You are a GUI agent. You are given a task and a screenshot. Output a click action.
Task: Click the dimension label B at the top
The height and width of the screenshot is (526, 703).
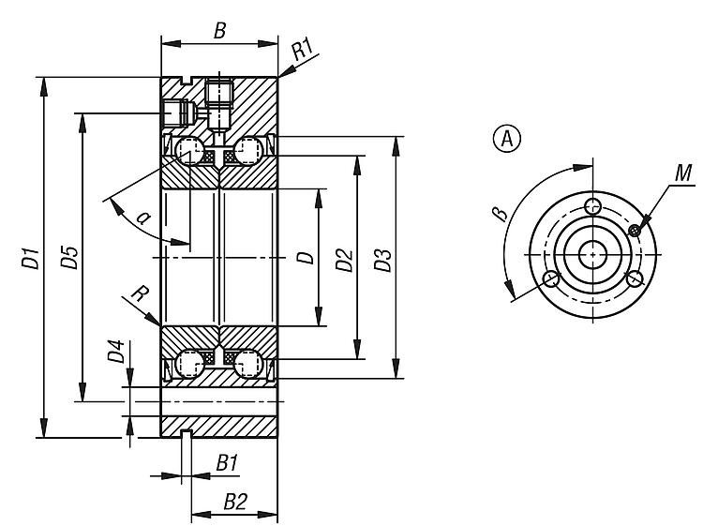click(x=219, y=30)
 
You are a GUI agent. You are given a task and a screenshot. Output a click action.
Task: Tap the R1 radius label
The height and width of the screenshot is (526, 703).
click(x=302, y=51)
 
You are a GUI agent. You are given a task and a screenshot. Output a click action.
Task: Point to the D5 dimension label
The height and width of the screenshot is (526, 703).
click(x=69, y=258)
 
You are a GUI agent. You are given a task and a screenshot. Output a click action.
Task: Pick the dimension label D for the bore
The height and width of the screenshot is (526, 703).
click(x=306, y=257)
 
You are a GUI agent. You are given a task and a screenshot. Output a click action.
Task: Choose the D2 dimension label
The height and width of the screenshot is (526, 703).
click(x=344, y=259)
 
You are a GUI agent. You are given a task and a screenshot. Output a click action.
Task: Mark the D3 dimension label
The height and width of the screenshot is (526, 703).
click(x=382, y=259)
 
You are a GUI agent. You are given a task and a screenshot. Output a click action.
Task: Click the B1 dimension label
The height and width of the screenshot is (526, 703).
click(x=227, y=463)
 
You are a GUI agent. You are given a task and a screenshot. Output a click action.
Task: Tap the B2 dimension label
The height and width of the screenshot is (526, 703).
click(x=234, y=502)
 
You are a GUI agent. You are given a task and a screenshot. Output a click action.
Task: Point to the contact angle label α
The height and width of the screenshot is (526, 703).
click(x=142, y=218)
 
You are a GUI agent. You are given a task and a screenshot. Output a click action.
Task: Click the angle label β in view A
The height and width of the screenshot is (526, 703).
click(x=500, y=215)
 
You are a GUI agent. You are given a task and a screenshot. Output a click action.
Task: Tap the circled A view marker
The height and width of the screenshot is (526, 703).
click(x=507, y=139)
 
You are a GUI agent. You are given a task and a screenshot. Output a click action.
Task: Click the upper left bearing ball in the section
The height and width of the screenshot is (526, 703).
click(x=191, y=151)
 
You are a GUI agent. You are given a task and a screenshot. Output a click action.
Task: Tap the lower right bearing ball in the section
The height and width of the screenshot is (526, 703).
click(x=248, y=362)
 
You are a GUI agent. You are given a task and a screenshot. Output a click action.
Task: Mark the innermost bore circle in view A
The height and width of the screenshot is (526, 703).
click(x=592, y=254)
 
